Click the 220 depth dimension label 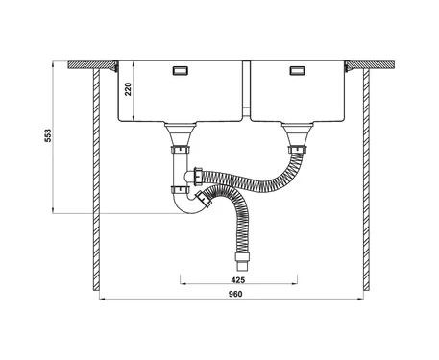[128, 89]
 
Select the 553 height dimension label [47, 135]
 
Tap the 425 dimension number [238, 280]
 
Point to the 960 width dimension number [235, 294]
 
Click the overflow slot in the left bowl [181, 70]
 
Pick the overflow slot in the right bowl [297, 70]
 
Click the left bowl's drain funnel [181, 133]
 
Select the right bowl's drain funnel [297, 133]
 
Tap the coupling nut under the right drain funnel [297, 149]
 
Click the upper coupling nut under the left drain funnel [181, 150]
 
